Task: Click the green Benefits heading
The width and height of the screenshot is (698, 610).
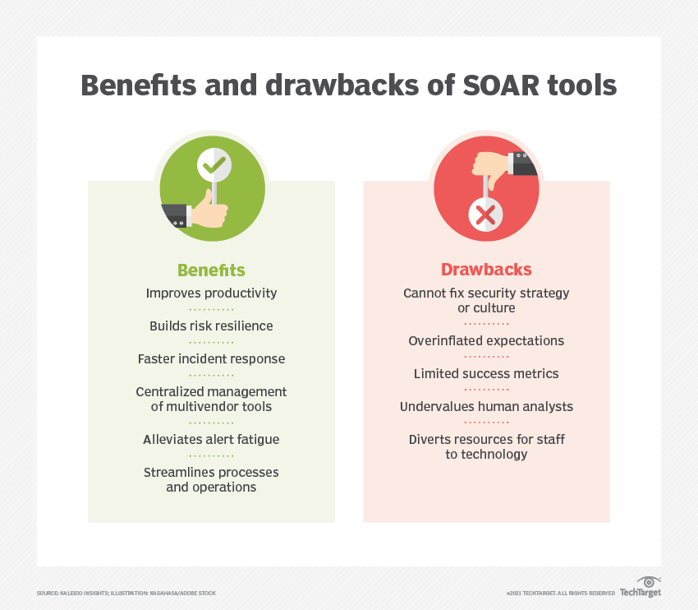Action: coord(211,270)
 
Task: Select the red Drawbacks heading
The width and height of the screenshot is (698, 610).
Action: coord(486,270)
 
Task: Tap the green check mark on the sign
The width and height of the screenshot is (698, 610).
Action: coord(214,165)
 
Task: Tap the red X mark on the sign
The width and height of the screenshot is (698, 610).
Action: coord(485,215)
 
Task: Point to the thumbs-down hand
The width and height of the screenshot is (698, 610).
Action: coord(491,169)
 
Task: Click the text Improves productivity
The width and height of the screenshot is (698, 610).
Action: coord(211,293)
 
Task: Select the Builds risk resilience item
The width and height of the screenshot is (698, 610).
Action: coord(211,326)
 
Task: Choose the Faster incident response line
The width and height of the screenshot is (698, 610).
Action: coord(211,358)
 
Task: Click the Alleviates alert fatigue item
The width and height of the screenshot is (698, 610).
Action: coord(211,439)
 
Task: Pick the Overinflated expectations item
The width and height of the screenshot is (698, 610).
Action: coord(486,340)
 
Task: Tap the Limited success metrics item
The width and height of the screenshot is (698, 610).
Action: coord(486,373)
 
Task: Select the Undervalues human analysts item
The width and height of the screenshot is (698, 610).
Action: coord(486,406)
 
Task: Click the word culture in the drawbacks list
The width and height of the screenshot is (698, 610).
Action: coord(497,308)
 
